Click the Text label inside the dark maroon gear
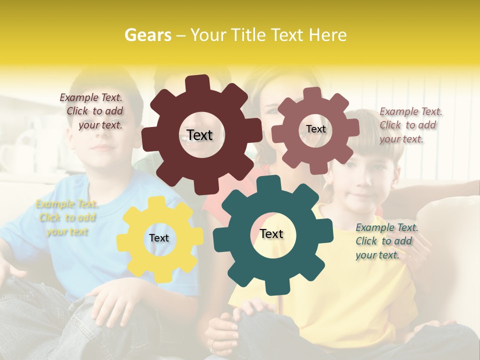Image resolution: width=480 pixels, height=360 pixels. point(199,135)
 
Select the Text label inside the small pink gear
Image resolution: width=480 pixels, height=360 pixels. point(315,129)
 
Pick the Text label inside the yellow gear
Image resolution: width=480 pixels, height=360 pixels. point(159,238)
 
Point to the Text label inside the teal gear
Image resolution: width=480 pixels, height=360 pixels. point(271,233)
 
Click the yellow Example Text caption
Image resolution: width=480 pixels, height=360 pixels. point(66,217)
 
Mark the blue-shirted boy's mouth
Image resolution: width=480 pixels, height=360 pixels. point(104,148)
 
